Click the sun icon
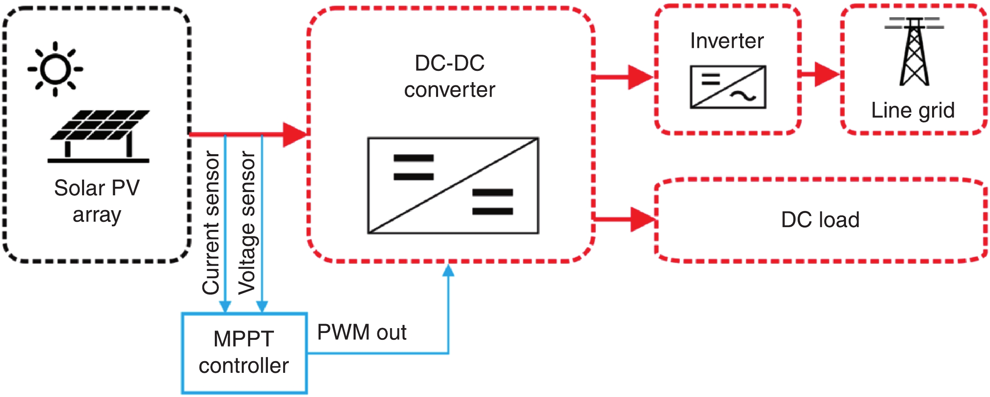pos(56,69)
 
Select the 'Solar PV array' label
pos(97,201)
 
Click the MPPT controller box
pos(244,353)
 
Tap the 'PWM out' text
pos(362,333)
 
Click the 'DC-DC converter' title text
pos(450,77)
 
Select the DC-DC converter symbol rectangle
pos(453,186)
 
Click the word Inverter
pos(727,41)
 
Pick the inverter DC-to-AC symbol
pos(728,87)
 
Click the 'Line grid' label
pos(913,110)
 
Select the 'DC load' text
pos(820,220)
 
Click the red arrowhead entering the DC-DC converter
pos(295,134)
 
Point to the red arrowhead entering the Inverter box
pos(640,77)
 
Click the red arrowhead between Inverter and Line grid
pos(826,74)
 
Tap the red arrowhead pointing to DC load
pos(642,219)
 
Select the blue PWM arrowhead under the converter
pos(448,271)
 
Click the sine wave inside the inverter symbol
pos(743,96)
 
